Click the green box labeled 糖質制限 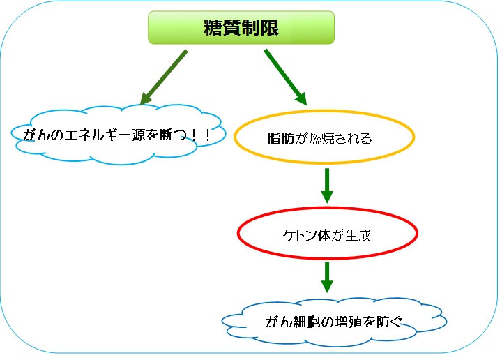(241, 27)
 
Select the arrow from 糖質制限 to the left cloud (164, 77)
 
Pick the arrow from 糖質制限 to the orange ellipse (285, 77)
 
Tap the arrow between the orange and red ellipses (327, 186)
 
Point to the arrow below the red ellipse (327, 278)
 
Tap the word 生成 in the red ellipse (358, 235)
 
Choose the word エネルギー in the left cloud (98, 135)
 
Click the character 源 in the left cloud (139, 135)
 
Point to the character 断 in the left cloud (166, 135)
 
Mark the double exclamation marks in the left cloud (201, 135)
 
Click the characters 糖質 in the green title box (222, 27)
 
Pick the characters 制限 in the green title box (260, 27)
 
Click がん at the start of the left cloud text (36, 135)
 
